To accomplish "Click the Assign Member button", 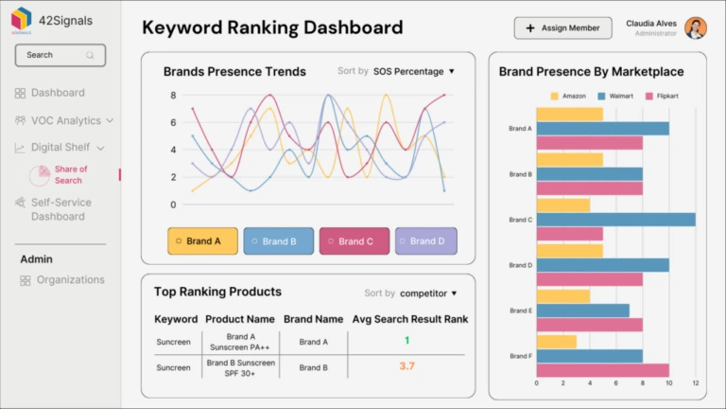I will pyautogui.click(x=562, y=28).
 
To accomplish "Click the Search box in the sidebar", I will pyautogui.click(x=58, y=55).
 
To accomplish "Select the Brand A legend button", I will pyautogui.click(x=201, y=241).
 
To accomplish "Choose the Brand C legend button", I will pyautogui.click(x=354, y=241).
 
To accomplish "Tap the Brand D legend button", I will pyautogui.click(x=425, y=241).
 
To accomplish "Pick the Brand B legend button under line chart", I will pyautogui.click(x=277, y=241).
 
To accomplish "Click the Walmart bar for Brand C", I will pyautogui.click(x=615, y=220).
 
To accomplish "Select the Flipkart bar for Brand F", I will pyautogui.click(x=602, y=370).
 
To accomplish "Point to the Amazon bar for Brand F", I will pyautogui.click(x=556, y=342).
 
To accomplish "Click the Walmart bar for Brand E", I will pyautogui.click(x=582, y=311).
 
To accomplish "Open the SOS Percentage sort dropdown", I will pyautogui.click(x=414, y=71).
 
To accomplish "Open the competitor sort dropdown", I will pyautogui.click(x=428, y=293).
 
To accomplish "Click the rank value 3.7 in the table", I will pyautogui.click(x=406, y=366).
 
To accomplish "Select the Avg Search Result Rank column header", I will pyautogui.click(x=409, y=320).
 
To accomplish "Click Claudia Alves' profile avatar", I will pyautogui.click(x=696, y=28).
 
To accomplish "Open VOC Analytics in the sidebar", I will pyautogui.click(x=65, y=120).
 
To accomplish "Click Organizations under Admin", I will pyautogui.click(x=70, y=280).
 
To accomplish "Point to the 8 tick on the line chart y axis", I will pyautogui.click(x=173, y=96).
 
